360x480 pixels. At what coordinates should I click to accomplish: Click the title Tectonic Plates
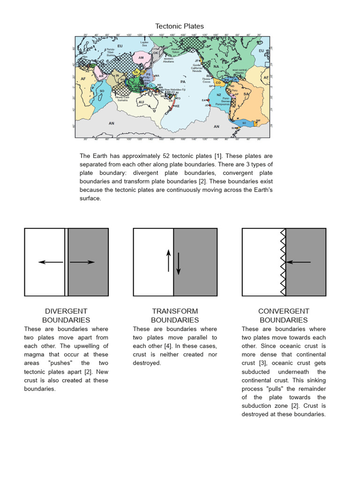tap(180, 26)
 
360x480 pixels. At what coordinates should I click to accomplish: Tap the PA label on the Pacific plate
tap(183, 82)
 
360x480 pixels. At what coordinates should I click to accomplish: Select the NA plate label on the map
tap(216, 67)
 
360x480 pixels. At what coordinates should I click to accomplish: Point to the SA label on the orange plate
tap(246, 94)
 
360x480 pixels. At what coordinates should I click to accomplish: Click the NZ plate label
tap(219, 95)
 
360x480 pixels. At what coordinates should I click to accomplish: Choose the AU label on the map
tap(141, 102)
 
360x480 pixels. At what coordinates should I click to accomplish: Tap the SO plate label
tap(102, 91)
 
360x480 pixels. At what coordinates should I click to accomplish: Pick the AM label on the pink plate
tap(141, 58)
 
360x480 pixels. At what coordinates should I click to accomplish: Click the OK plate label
tap(156, 53)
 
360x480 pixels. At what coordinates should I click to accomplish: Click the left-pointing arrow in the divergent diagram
tap(51, 262)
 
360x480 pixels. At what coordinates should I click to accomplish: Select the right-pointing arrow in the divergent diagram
tap(82, 262)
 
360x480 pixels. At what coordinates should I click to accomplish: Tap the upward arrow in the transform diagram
tap(169, 261)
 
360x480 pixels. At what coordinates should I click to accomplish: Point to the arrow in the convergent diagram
tap(298, 262)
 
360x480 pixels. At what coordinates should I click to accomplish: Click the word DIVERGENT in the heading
tap(66, 311)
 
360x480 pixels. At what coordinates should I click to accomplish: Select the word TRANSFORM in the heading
tap(175, 311)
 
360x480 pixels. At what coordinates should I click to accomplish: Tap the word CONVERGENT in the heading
tap(284, 311)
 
